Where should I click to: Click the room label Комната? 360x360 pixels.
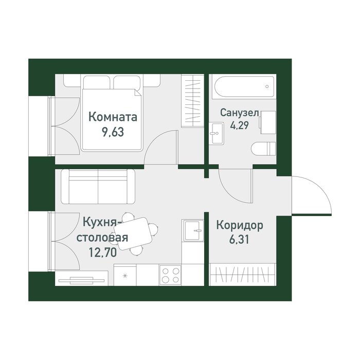[113, 117]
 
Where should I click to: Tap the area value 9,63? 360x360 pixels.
[113, 132]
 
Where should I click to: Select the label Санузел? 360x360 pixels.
[240, 113]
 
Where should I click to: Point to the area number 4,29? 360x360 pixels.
[240, 125]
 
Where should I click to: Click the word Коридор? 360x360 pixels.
[240, 225]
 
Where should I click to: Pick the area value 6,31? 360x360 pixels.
[239, 240]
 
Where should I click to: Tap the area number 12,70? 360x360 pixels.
[103, 253]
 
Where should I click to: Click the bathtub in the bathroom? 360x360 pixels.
[244, 87]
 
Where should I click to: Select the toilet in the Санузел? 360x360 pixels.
[263, 149]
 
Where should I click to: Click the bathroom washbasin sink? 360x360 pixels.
[217, 133]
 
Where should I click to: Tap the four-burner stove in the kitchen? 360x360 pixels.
[170, 275]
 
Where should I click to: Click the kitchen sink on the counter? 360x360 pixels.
[193, 230]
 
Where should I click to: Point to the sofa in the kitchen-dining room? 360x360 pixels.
[98, 187]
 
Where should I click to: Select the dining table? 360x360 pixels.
[133, 233]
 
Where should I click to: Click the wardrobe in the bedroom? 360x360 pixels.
[192, 101]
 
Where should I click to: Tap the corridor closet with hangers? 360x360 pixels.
[242, 274]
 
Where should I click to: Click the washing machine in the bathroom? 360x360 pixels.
[268, 122]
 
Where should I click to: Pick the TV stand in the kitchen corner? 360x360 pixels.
[81, 279]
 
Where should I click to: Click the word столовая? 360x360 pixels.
[102, 238]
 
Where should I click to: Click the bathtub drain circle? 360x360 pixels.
[267, 86]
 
